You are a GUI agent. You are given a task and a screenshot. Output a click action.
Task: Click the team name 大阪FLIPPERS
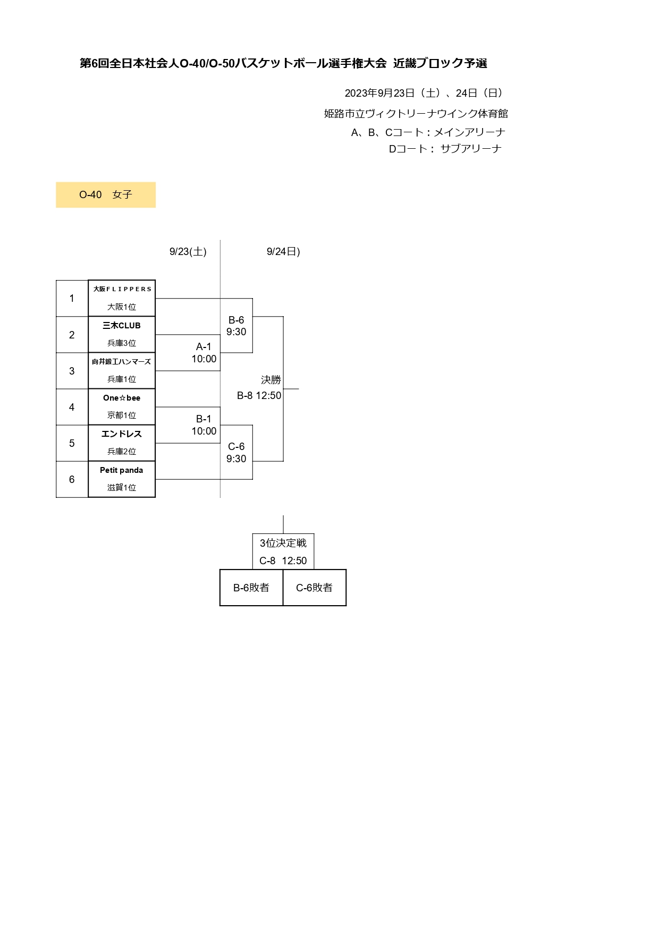pyautogui.click(x=122, y=289)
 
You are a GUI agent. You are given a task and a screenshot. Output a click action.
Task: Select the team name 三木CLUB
pyautogui.click(x=122, y=326)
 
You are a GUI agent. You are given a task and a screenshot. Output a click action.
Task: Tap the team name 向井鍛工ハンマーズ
pyautogui.click(x=122, y=362)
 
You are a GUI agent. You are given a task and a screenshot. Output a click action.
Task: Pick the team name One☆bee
pyautogui.click(x=122, y=398)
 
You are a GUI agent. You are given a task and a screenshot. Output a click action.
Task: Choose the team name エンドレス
pyautogui.click(x=122, y=434)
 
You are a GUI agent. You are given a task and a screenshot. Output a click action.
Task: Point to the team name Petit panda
pyautogui.click(x=122, y=470)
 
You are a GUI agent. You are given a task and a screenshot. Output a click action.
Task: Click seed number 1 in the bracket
pyautogui.click(x=72, y=299)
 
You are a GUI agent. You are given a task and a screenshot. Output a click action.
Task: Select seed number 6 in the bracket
pyautogui.click(x=72, y=479)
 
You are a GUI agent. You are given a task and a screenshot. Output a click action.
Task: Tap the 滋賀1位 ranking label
pyautogui.click(x=122, y=487)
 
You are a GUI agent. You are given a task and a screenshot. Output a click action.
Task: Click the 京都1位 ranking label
pyautogui.click(x=122, y=415)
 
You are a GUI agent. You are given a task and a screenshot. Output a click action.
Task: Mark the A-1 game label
pyautogui.click(x=204, y=347)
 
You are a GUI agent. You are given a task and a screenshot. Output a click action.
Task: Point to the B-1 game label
pyautogui.click(x=204, y=419)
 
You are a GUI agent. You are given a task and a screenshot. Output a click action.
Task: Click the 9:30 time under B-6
pyautogui.click(x=236, y=332)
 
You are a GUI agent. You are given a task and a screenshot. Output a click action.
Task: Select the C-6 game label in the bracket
pyautogui.click(x=236, y=447)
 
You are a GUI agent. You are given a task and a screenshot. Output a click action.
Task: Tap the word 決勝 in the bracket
pyautogui.click(x=271, y=380)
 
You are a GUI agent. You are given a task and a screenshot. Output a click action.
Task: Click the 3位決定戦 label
pyautogui.click(x=283, y=543)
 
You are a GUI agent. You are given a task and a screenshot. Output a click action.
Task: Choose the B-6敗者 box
pyautogui.click(x=251, y=588)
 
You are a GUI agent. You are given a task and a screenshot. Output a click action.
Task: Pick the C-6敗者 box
pyautogui.click(x=315, y=588)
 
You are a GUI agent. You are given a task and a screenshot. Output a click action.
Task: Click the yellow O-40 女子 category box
pyautogui.click(x=106, y=195)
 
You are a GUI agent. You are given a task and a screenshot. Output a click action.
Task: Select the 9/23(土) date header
pyautogui.click(x=188, y=252)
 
